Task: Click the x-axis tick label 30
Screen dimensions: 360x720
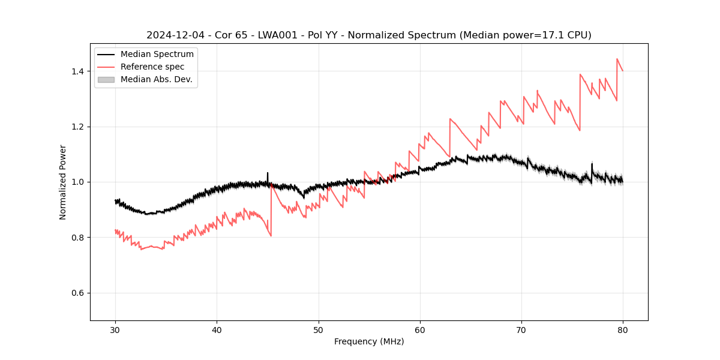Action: click(x=116, y=329)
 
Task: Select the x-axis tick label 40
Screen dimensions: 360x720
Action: click(x=217, y=329)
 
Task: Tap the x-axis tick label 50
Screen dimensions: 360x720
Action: click(x=319, y=329)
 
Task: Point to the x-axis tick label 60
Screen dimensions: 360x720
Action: click(x=420, y=329)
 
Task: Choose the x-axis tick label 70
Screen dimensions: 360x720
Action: click(x=521, y=329)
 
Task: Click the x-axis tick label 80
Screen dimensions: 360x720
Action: click(x=623, y=329)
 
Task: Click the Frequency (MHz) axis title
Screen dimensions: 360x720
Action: click(x=369, y=341)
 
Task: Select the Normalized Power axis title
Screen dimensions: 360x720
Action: click(x=63, y=182)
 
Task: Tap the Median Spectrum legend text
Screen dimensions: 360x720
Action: click(x=157, y=55)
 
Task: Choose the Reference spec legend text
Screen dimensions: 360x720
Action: click(x=152, y=67)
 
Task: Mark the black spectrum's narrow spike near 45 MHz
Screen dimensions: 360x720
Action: click(x=268, y=173)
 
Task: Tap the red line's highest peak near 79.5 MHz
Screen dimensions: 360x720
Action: click(x=617, y=59)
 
